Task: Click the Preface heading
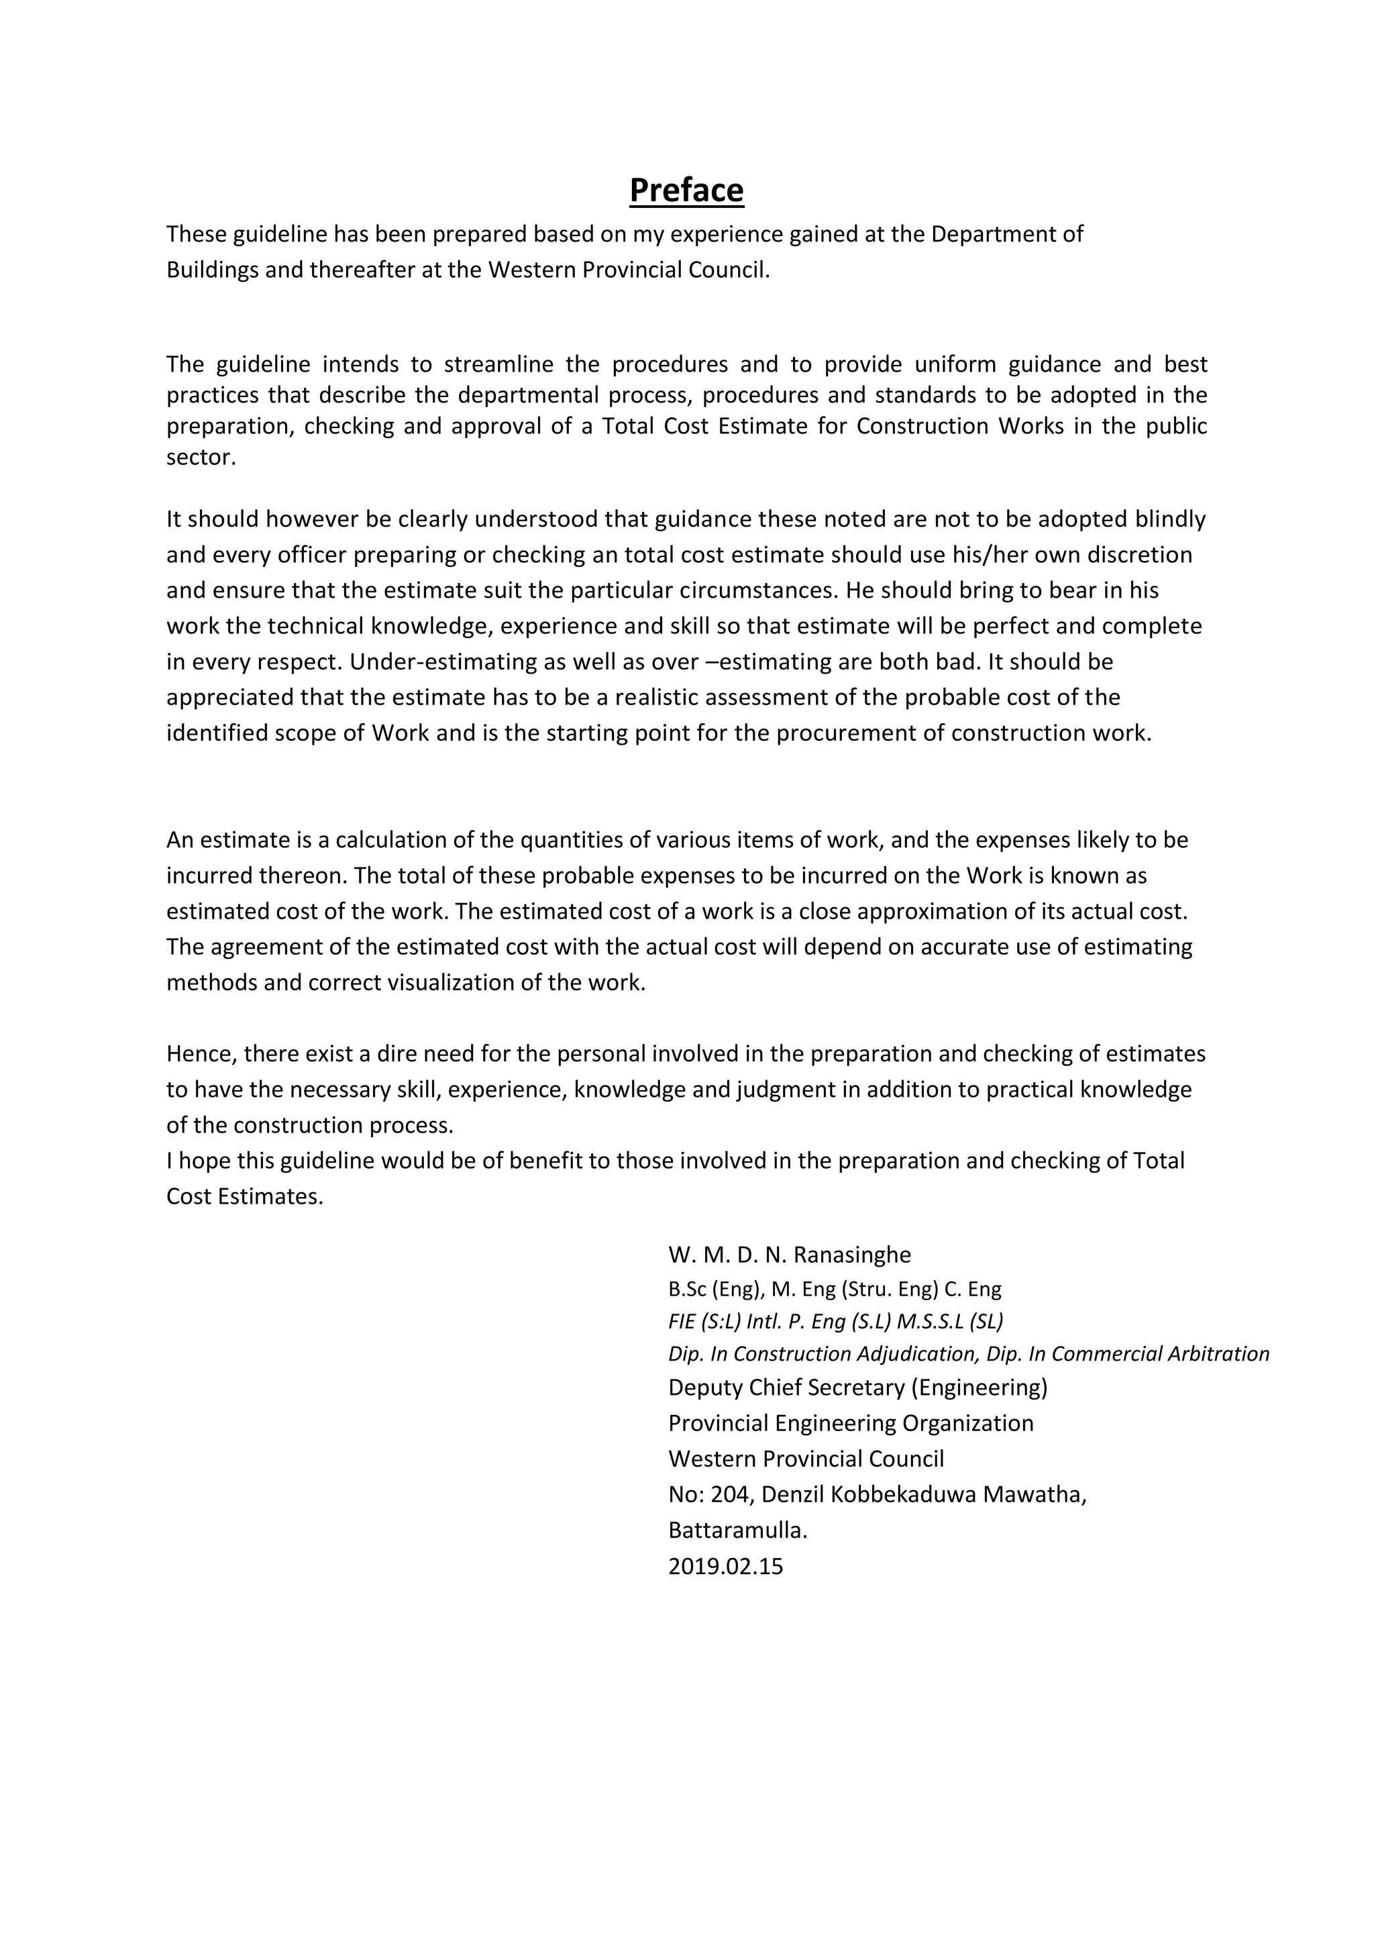click(x=686, y=191)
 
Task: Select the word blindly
click(x=1170, y=519)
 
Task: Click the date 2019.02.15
click(x=725, y=1567)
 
